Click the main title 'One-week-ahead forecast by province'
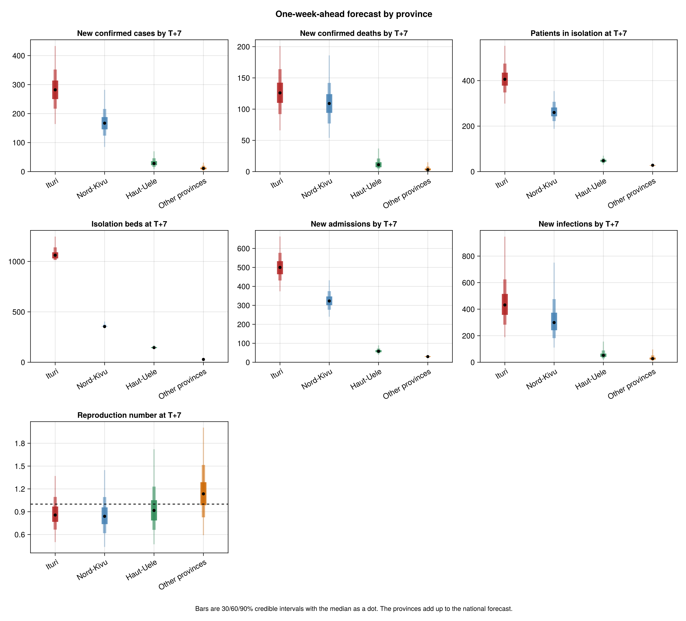tap(354, 14)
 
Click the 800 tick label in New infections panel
tap(468, 256)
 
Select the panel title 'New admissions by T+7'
tap(354, 224)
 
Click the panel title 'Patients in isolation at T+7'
tap(579, 33)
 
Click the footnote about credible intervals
tap(354, 609)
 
